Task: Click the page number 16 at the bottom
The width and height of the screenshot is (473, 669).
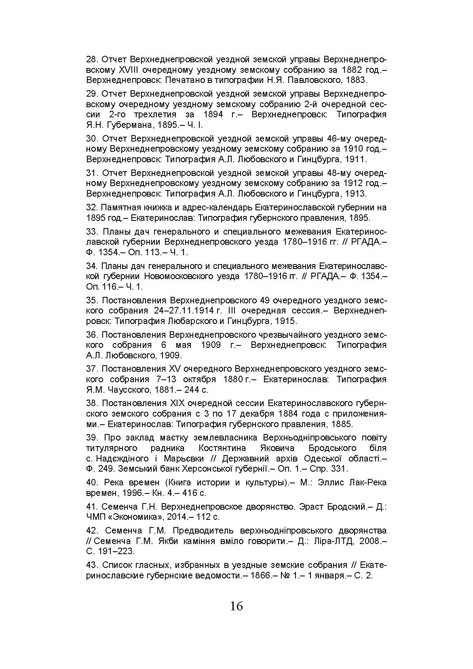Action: (x=236, y=606)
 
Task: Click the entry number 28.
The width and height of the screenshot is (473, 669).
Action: (x=92, y=59)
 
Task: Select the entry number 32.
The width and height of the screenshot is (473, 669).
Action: (x=92, y=207)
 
